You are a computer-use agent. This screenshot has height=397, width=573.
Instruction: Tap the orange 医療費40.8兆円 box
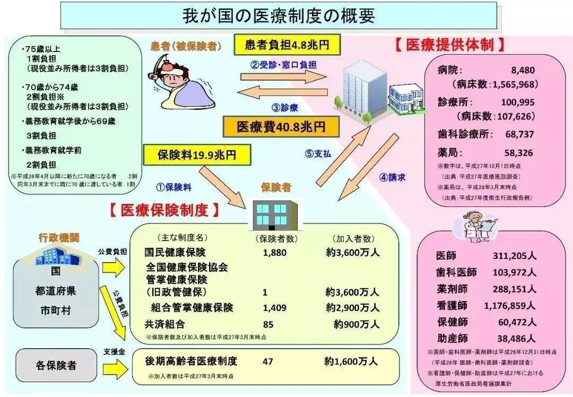click(x=281, y=127)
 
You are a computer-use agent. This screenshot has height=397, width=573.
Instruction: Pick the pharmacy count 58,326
click(x=519, y=153)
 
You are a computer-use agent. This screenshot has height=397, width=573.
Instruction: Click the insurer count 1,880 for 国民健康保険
click(x=274, y=253)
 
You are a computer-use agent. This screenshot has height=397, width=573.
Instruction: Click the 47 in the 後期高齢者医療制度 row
click(x=267, y=361)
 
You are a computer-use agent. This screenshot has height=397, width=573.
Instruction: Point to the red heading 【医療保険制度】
click(x=164, y=210)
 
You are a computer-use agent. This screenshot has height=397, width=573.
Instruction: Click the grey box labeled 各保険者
click(x=56, y=365)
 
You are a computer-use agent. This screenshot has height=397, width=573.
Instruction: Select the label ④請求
click(x=393, y=178)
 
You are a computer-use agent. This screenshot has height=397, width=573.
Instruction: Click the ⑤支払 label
click(x=318, y=154)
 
